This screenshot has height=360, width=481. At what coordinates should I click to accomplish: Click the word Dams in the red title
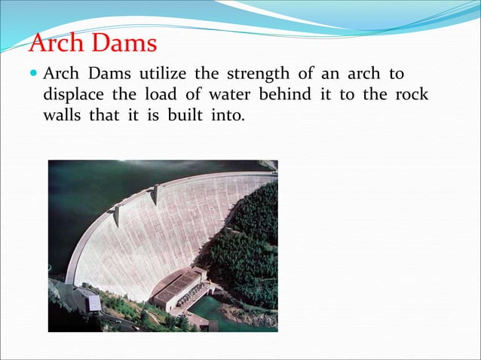click(124, 43)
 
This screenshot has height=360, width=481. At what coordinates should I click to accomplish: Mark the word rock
click(411, 96)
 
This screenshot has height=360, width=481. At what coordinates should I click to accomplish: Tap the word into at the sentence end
click(228, 117)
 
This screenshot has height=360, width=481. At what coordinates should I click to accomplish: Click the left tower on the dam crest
click(117, 215)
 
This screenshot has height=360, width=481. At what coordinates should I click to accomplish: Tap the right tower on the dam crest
click(155, 194)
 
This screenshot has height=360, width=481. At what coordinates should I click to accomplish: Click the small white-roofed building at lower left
click(93, 303)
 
